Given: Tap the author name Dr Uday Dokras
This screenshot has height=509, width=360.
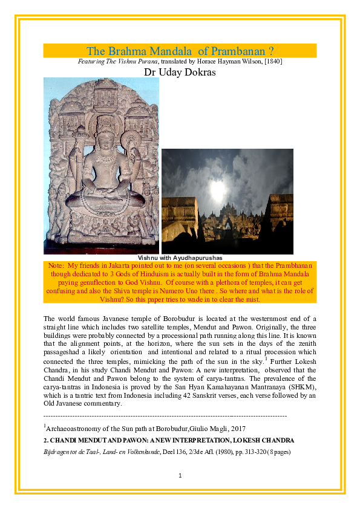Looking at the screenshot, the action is (x=180, y=72).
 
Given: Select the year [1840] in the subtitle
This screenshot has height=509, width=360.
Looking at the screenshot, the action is (x=270, y=62).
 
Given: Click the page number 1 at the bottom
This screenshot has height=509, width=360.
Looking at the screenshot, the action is (x=180, y=476).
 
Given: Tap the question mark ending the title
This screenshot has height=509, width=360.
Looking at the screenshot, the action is (x=270, y=51).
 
